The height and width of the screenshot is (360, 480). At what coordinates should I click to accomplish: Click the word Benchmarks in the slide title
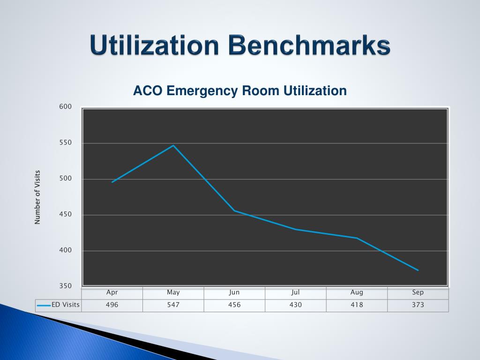tap(310, 46)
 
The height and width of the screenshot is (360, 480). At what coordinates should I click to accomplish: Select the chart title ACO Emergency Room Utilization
tap(240, 90)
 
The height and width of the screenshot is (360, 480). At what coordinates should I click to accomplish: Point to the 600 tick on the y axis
tap(66, 107)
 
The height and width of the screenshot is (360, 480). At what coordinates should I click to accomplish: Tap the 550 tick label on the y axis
tap(66, 143)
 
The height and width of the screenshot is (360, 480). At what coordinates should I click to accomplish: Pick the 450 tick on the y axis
tap(66, 215)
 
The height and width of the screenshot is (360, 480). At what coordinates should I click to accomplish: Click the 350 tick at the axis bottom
tap(66, 286)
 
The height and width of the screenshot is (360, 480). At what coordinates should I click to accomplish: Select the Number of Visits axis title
tap(37, 197)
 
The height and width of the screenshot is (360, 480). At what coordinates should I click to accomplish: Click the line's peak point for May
tap(173, 145)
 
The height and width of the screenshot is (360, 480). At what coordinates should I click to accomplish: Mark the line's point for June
tap(234, 210)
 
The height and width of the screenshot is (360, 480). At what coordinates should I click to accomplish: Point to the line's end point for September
tap(418, 270)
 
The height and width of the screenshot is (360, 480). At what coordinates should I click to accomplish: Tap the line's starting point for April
tap(112, 182)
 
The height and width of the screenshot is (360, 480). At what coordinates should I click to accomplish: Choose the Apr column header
tap(112, 292)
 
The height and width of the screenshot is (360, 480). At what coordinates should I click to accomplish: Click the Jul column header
tap(295, 292)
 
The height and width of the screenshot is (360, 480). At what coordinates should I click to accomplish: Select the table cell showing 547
tap(173, 305)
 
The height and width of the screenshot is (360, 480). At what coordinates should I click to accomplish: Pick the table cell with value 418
tap(357, 305)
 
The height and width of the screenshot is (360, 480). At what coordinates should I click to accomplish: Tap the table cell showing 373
tap(418, 305)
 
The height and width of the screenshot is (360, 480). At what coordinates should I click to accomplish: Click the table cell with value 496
tap(112, 305)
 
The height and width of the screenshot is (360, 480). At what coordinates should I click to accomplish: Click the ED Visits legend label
tap(66, 305)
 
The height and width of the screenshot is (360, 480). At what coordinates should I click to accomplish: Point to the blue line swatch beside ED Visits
tap(44, 306)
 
